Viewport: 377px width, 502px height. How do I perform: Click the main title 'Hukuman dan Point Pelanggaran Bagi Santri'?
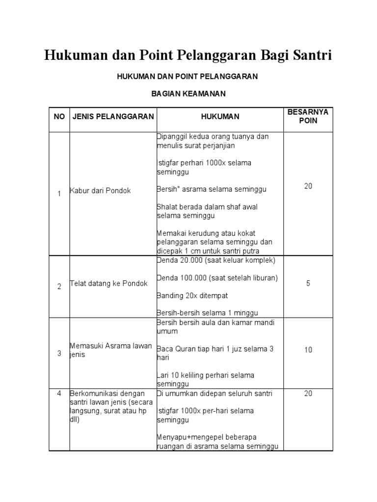click(188, 55)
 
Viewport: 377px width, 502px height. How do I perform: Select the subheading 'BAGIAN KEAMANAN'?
click(188, 93)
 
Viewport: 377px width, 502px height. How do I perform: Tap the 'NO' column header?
click(59, 117)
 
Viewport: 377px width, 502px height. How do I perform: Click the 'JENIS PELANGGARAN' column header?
click(113, 117)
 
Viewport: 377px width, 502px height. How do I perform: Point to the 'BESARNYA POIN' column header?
click(308, 117)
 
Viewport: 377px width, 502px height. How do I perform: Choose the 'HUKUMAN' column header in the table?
click(220, 117)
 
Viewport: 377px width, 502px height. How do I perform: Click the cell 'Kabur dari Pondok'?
click(100, 191)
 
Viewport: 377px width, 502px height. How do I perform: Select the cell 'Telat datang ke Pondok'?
click(108, 284)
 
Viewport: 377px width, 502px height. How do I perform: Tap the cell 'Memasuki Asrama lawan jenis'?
click(111, 350)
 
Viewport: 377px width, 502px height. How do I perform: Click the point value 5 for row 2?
click(308, 283)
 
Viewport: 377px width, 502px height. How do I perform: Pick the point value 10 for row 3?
click(308, 350)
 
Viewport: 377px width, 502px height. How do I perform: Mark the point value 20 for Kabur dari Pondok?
click(308, 186)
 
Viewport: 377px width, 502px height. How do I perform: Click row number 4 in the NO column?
click(59, 393)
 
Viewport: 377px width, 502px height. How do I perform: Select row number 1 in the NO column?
click(59, 194)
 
